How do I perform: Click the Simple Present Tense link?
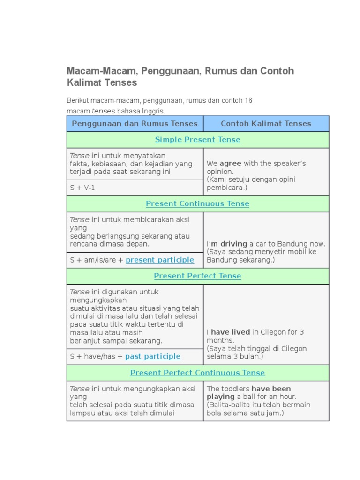(197, 140)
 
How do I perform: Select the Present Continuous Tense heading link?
(197, 204)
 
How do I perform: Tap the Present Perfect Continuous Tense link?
(197, 373)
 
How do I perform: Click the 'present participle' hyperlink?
(160, 260)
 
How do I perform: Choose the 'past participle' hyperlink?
(152, 357)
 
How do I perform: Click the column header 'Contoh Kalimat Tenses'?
(266, 124)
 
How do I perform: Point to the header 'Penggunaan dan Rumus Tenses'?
(135, 124)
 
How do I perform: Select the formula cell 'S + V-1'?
(82, 188)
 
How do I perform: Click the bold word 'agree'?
(230, 164)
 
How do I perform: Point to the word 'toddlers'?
(235, 389)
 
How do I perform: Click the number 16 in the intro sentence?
(248, 101)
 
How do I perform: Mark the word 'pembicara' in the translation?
(225, 188)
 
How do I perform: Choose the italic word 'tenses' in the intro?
(103, 112)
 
